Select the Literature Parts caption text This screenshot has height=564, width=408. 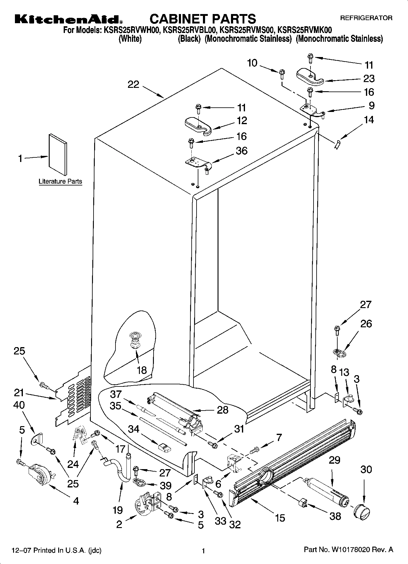click(x=60, y=181)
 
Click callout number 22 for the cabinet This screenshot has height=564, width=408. click(x=133, y=84)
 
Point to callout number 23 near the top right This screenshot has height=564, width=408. click(x=369, y=79)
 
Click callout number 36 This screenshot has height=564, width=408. click(x=242, y=151)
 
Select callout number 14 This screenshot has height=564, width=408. click(x=369, y=120)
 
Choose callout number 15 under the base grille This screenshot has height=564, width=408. click(x=280, y=518)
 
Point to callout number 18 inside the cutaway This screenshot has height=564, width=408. click(x=142, y=370)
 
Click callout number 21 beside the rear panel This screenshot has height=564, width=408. click(x=19, y=393)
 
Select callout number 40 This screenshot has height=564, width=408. click(x=19, y=405)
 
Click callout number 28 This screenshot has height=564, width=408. click(x=222, y=410)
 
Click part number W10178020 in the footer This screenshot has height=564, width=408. click(x=349, y=550)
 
